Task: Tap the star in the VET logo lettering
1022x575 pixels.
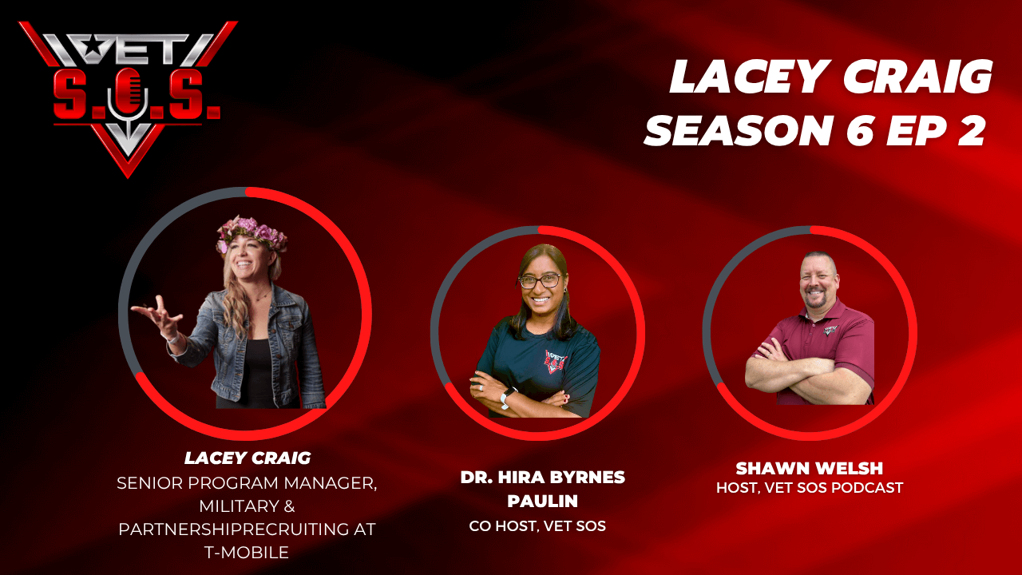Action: tap(92, 46)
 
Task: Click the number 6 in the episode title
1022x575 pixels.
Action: tap(861, 130)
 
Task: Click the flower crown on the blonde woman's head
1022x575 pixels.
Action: tap(252, 232)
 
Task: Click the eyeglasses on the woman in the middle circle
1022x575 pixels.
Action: tap(541, 280)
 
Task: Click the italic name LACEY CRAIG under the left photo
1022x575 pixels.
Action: tap(248, 458)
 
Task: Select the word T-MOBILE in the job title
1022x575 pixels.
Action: tap(247, 553)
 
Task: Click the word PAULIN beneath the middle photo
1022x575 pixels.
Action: tap(542, 502)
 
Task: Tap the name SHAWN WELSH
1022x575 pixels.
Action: tap(810, 468)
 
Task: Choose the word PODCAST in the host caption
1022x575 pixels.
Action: tap(867, 488)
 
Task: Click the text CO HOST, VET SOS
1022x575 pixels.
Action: tap(537, 526)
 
